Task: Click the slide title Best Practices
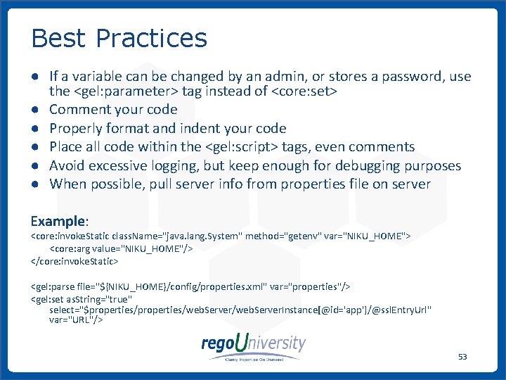pyautogui.click(x=119, y=38)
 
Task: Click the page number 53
pyautogui.click(x=462, y=357)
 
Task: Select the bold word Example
pyautogui.click(x=59, y=221)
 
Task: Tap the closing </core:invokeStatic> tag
pyautogui.click(x=74, y=261)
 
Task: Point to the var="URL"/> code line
pyautogui.click(x=77, y=319)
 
